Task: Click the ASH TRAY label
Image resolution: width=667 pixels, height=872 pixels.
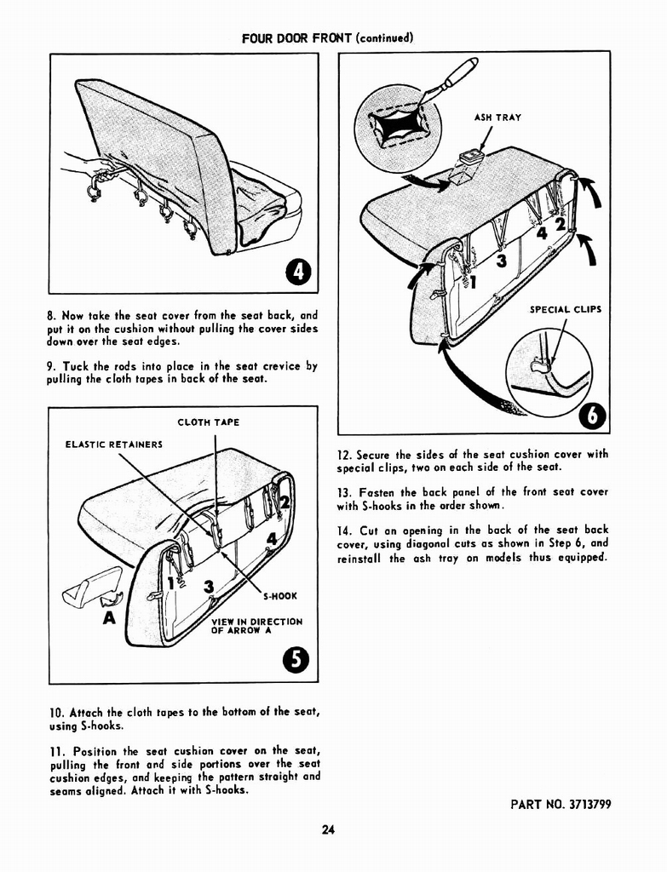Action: [x=497, y=118]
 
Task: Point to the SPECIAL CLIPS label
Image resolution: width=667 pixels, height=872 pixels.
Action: [x=566, y=309]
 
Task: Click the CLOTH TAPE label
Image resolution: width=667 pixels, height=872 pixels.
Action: [x=208, y=422]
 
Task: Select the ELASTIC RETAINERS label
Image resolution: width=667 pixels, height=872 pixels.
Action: [x=114, y=444]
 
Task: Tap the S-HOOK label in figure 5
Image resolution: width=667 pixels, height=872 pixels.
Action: [x=279, y=596]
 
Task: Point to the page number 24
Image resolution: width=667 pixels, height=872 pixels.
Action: [x=328, y=830]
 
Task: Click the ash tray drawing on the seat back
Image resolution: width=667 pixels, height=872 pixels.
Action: [x=467, y=167]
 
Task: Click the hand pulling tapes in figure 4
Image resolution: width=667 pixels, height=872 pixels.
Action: [x=85, y=164]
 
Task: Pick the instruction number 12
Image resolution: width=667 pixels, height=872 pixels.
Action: [x=345, y=455]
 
